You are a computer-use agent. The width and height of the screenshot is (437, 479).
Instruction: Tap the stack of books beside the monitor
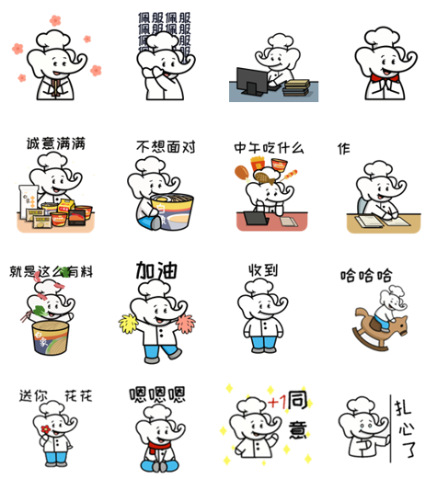[x=296, y=88]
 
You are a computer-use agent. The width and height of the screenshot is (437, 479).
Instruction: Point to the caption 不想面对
[x=162, y=147]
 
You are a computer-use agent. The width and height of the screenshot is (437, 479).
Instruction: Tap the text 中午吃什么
[x=269, y=148]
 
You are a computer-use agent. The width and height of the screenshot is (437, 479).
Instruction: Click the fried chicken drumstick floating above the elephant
[x=242, y=172]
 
